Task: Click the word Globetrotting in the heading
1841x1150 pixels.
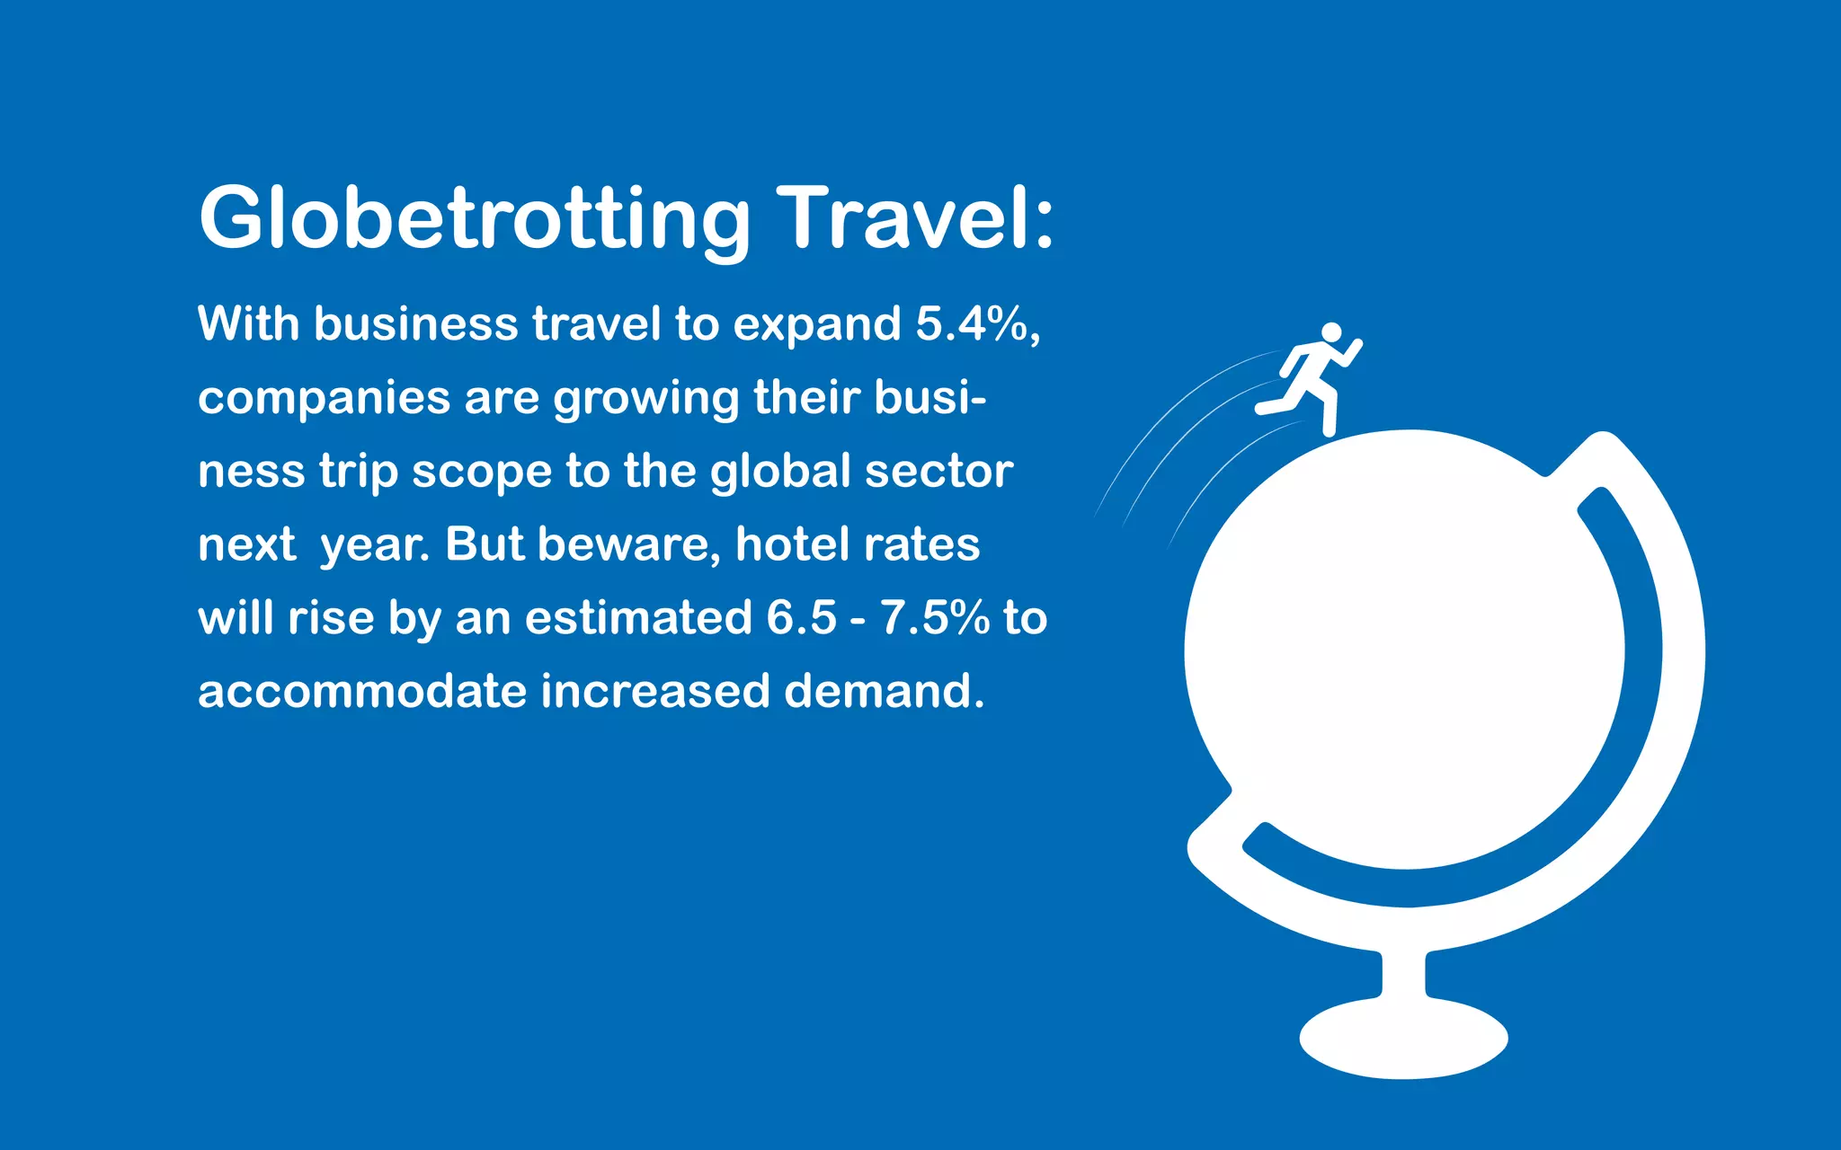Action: (474, 218)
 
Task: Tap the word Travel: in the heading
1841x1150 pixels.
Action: (915, 218)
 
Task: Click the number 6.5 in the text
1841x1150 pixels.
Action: (801, 618)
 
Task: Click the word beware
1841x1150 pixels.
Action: (628, 544)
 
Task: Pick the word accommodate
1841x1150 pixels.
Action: (362, 692)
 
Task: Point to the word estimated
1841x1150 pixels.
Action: (638, 618)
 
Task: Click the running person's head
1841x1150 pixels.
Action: (1331, 332)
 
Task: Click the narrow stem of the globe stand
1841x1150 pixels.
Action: (1403, 975)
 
